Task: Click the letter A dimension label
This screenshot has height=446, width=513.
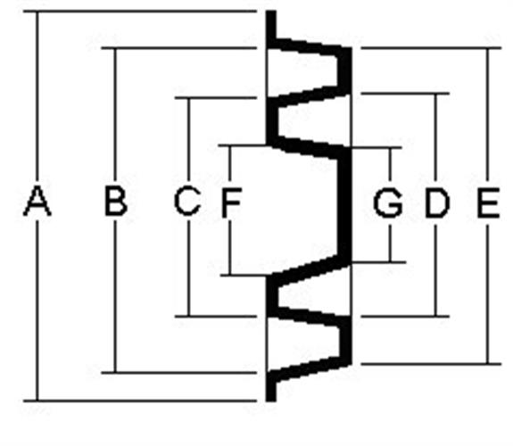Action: (37, 201)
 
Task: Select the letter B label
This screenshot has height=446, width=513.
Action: (116, 201)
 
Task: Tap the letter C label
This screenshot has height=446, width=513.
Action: (187, 201)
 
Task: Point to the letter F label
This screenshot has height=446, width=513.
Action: (232, 202)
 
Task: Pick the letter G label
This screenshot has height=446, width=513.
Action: (388, 202)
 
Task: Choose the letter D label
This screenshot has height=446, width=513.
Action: (437, 202)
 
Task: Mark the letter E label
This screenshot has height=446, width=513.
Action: (488, 202)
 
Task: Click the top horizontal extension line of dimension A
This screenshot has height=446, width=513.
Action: (140, 12)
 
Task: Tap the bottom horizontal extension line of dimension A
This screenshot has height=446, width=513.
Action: (140, 401)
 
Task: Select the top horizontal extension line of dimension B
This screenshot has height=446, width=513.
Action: (179, 48)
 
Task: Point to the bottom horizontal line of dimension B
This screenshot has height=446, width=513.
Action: (179, 372)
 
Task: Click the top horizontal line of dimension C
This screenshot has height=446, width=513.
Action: (216, 97)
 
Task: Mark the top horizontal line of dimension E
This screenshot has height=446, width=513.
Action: (431, 48)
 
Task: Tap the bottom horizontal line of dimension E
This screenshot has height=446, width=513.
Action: (431, 364)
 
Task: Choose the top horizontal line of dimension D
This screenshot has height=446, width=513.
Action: (405, 94)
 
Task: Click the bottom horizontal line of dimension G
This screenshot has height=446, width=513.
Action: (378, 262)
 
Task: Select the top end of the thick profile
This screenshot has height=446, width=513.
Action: (271, 12)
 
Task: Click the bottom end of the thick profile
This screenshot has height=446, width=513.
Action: (271, 401)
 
